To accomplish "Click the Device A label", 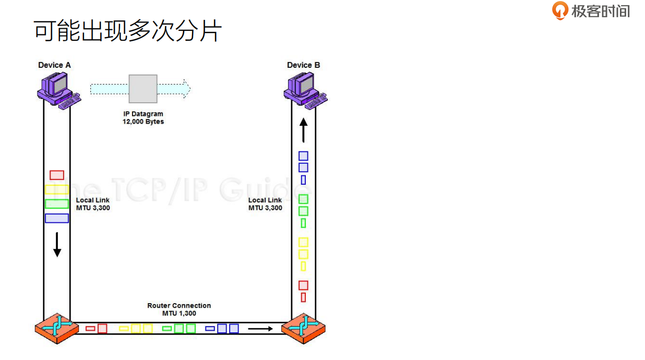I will (54, 65).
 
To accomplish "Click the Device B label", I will (303, 65).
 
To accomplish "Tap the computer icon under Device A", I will (56, 89).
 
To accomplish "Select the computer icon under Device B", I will (303, 89).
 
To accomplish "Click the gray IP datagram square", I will (143, 89).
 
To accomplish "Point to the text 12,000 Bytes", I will (143, 122).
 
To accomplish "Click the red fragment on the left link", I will (57, 175).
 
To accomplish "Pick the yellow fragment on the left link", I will (57, 189).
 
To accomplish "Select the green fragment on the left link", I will (57, 203).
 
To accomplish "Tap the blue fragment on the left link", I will (57, 218).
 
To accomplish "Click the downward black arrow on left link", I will (57, 245).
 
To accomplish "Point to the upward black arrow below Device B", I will (303, 130).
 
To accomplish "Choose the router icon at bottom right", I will (303, 328).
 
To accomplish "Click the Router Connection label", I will (179, 306).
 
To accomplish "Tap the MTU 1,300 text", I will (179, 313).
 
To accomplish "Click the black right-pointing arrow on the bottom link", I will (260, 329).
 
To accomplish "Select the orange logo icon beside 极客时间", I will (560, 10).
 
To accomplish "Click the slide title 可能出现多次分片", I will (128, 31).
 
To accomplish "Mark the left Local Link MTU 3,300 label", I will (93, 204).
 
